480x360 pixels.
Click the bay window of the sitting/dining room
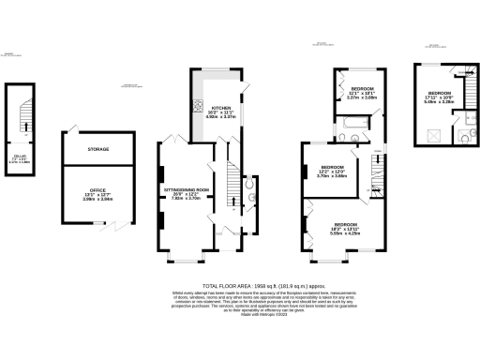(x=180, y=258)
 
